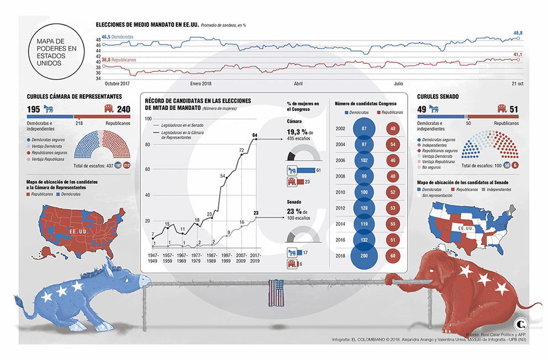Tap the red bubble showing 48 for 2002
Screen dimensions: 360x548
pyautogui.click(x=392, y=129)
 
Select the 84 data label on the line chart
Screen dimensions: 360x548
pyautogui.click(x=255, y=135)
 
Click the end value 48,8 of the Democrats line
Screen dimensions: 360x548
pyautogui.click(x=518, y=34)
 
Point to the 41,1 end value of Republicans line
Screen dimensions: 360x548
pyautogui.click(x=518, y=55)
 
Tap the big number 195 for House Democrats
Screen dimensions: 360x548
pyautogui.click(x=34, y=109)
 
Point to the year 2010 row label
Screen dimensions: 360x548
pyautogui.click(x=341, y=192)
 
